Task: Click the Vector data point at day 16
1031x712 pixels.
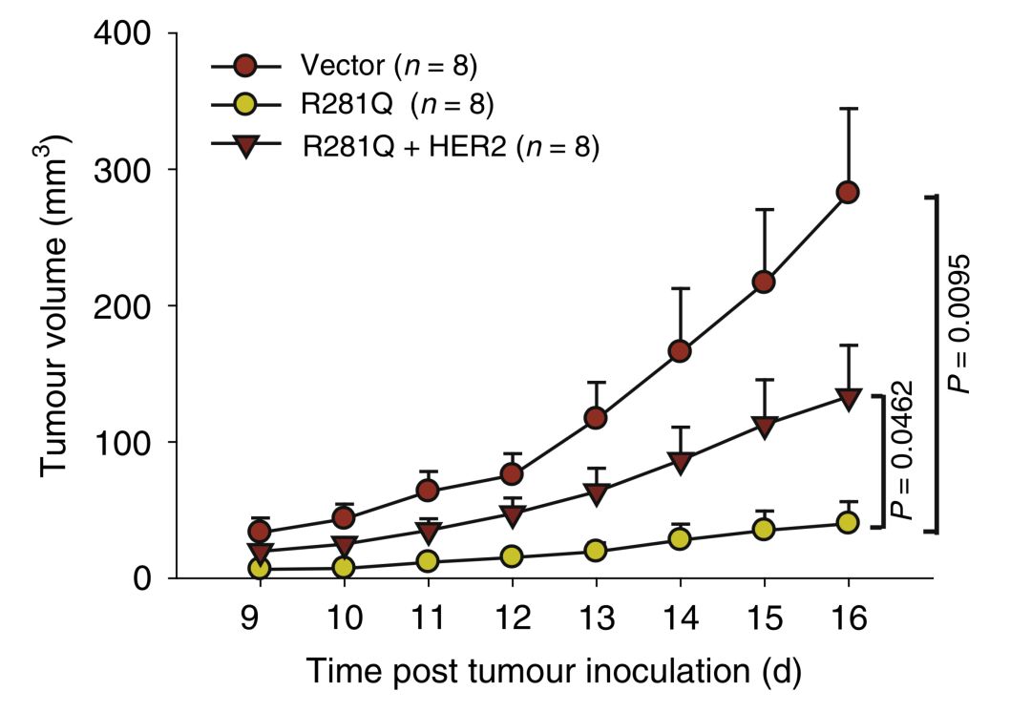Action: click(848, 193)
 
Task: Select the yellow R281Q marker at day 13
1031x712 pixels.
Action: click(596, 551)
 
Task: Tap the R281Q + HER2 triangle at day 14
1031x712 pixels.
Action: click(680, 462)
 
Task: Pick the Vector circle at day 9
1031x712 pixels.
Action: click(260, 532)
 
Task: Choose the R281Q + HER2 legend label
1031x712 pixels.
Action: click(451, 146)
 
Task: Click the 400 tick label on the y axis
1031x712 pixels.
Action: click(123, 32)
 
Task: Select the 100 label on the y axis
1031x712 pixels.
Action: click(123, 442)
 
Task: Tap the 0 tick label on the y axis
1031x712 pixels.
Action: click(142, 578)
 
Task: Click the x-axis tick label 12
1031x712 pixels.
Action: click(512, 618)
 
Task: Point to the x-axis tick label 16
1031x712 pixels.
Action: click(849, 618)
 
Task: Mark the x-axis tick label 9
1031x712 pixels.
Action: click(250, 618)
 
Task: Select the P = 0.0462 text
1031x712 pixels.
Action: click(901, 450)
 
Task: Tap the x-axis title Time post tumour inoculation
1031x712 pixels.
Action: click(554, 671)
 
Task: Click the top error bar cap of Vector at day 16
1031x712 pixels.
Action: click(849, 109)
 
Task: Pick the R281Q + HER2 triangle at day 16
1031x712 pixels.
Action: click(849, 399)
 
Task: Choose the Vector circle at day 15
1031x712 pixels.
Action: click(764, 283)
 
